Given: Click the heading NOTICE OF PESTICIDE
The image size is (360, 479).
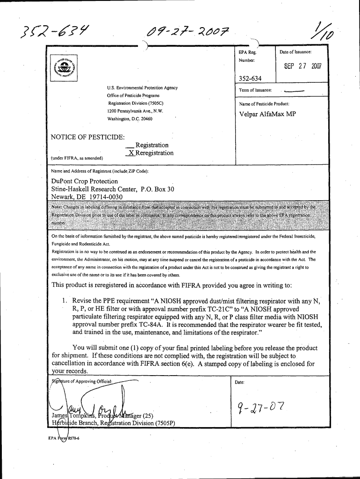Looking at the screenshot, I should point(88,137).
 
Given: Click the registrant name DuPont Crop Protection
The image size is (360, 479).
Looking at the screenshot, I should point(85,181).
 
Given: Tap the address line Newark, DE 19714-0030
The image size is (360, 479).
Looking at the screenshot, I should point(87,197).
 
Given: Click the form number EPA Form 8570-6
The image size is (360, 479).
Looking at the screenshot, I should point(60,438).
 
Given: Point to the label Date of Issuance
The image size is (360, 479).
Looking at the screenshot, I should point(295,52).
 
